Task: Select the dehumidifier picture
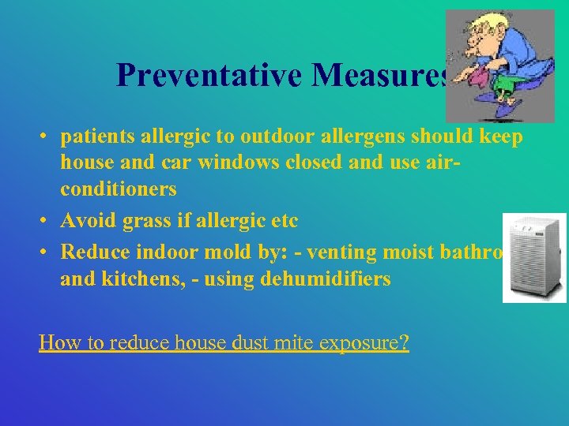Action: pyautogui.click(x=533, y=257)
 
